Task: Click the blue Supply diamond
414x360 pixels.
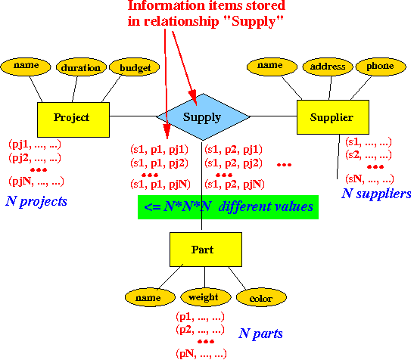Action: (x=203, y=116)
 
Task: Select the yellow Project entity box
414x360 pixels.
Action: (x=73, y=119)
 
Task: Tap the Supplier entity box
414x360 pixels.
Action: (x=333, y=117)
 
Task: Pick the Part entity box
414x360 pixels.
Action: (x=206, y=250)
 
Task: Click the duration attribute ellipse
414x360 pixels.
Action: (x=81, y=67)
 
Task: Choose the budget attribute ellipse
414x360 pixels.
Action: (x=135, y=67)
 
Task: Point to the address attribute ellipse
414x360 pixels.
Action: (x=328, y=67)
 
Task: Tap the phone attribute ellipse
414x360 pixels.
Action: (x=381, y=67)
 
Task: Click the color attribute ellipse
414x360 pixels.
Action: (x=261, y=297)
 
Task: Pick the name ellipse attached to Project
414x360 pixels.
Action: (x=26, y=67)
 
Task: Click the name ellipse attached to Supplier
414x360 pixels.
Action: (x=272, y=67)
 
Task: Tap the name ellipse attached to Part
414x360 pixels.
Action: (x=150, y=297)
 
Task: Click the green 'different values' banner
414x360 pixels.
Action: (x=228, y=207)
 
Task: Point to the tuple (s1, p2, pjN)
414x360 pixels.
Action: (x=235, y=185)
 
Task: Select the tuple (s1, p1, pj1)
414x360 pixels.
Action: (x=159, y=150)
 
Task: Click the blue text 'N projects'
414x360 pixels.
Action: (x=36, y=201)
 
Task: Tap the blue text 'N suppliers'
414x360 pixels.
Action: (x=376, y=194)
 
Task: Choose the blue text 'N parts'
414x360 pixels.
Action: (x=260, y=334)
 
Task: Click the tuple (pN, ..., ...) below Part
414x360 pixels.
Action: (x=201, y=354)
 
